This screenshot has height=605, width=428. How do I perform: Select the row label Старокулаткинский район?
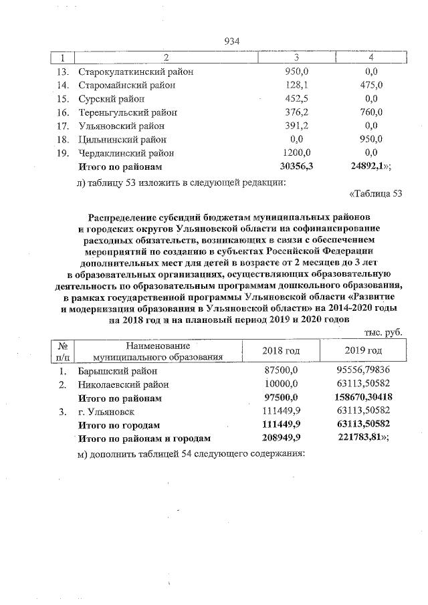(x=136, y=72)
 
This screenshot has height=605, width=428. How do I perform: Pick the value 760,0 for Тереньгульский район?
(x=368, y=112)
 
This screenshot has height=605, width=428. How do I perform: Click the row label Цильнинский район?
(x=122, y=139)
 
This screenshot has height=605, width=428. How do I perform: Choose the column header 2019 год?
(x=363, y=351)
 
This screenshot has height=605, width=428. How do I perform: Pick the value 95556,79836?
(x=363, y=371)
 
